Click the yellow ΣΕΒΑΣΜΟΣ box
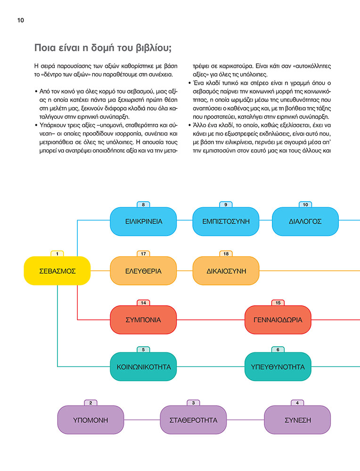pos(57,271)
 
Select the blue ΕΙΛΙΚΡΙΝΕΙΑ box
pos(143,221)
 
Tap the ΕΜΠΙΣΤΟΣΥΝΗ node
pos(226,221)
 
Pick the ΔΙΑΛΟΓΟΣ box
pos(305,221)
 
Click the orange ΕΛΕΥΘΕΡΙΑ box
pos(143,271)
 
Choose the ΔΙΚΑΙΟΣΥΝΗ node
pos(226,271)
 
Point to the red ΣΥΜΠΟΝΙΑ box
pos(143,320)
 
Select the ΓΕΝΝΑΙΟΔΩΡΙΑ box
pos(278,320)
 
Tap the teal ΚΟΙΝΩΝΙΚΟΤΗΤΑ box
pos(143,366)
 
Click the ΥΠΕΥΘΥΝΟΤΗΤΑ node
pos(278,366)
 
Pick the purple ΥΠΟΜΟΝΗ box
pos(90,420)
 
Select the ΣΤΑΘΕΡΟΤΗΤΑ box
pos(193,420)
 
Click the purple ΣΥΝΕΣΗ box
pos(297,420)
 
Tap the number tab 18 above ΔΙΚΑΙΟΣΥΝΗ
pos(226,253)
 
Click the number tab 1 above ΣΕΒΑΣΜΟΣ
pos(57,253)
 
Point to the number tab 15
pos(278,302)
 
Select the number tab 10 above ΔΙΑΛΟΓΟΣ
pos(305,204)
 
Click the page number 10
pos(20,20)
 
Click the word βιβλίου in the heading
pos(154,48)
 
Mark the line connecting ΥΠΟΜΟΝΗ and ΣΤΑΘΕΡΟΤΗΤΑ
pos(142,420)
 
